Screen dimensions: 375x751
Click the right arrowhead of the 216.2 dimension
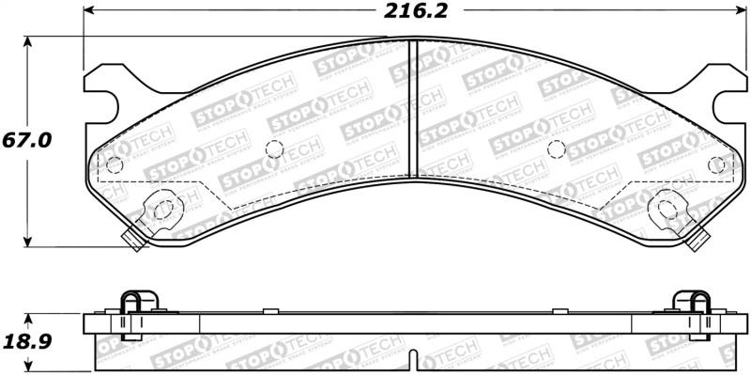742,11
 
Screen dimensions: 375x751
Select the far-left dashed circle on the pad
115,165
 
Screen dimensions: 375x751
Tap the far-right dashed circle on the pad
717,164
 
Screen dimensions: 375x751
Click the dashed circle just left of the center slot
275,148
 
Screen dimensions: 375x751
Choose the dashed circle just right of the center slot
556,148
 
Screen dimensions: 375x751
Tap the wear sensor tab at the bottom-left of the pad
135,242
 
